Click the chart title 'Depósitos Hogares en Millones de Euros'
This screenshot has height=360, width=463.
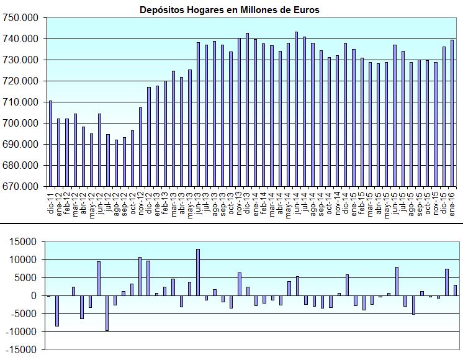(230, 10)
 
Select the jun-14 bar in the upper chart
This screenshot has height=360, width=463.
(296, 109)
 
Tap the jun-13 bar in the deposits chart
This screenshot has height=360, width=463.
(198, 114)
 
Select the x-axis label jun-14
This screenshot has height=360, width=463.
(297, 201)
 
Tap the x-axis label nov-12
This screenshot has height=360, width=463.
(141, 201)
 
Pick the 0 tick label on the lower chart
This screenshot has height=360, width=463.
(38, 296)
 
